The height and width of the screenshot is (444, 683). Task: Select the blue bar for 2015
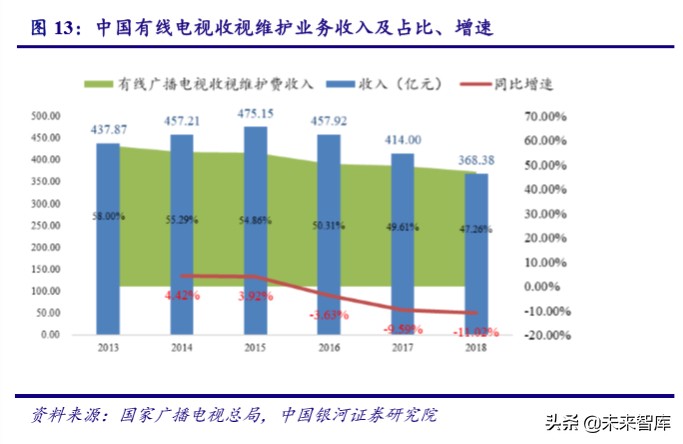pyautogui.click(x=255, y=230)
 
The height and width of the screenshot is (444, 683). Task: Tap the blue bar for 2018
pyautogui.click(x=476, y=254)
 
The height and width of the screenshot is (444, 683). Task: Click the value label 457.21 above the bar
pyautogui.click(x=183, y=121)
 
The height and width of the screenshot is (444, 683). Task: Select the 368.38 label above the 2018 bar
pyautogui.click(x=477, y=161)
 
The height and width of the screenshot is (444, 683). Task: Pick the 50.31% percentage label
pyautogui.click(x=329, y=225)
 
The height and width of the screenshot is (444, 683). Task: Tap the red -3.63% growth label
pyautogui.click(x=329, y=316)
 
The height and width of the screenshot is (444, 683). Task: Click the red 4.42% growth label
pyautogui.click(x=182, y=296)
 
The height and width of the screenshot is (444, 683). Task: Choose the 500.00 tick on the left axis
pyautogui.click(x=47, y=116)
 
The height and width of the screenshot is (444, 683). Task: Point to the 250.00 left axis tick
pyautogui.click(x=47, y=225)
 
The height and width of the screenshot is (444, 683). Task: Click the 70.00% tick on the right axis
pyautogui.click(x=544, y=116)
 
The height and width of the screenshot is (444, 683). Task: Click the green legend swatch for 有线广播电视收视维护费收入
pyautogui.click(x=99, y=84)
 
